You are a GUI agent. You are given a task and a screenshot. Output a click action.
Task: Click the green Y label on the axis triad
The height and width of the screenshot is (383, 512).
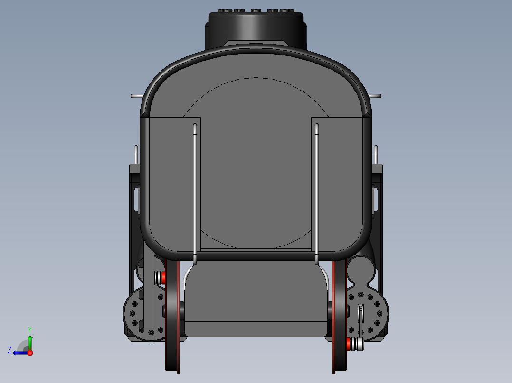point(29,329)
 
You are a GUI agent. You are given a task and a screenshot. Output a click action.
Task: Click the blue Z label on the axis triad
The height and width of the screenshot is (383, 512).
point(9,350)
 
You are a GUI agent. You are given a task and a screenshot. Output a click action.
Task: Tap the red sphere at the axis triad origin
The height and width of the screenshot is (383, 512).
point(30,353)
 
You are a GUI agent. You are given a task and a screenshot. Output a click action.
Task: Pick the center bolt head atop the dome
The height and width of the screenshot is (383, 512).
point(256,11)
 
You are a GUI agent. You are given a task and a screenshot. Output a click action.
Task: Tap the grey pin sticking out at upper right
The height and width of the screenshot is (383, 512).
point(376,96)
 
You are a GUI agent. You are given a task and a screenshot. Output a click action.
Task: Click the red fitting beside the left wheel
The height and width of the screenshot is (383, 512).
point(163,277)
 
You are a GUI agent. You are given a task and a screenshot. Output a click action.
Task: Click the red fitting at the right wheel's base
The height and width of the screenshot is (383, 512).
point(348,343)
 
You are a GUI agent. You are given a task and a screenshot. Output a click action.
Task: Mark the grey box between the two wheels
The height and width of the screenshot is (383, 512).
point(256,299)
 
